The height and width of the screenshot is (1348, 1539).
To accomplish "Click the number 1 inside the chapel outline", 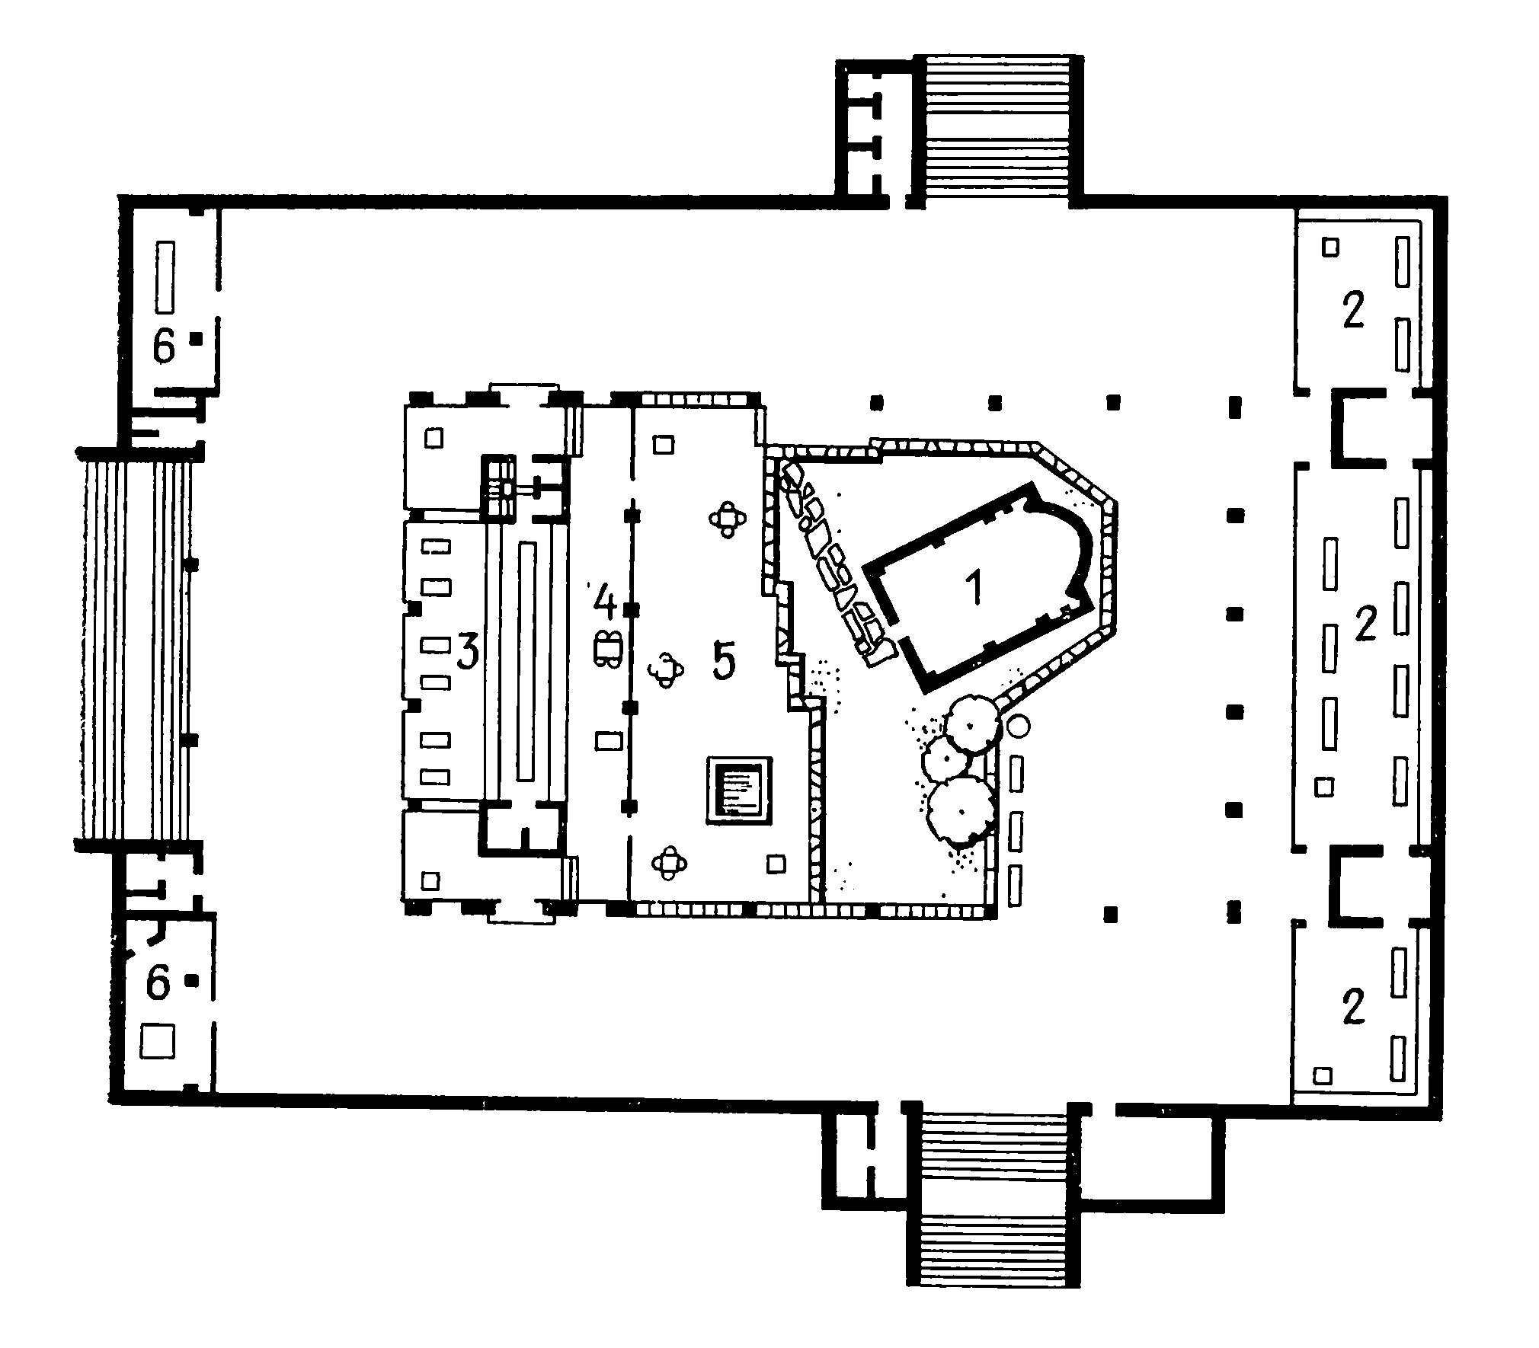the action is pyautogui.click(x=974, y=588).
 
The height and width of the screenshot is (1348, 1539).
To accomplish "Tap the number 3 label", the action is pyautogui.click(x=467, y=653).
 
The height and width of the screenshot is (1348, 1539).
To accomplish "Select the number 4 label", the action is pyautogui.click(x=604, y=601).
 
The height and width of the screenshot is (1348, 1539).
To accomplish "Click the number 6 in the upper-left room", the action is pyautogui.click(x=165, y=347).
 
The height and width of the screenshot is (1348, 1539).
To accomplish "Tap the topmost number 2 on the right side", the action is pyautogui.click(x=1352, y=311).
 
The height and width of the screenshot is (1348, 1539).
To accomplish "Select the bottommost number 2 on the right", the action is pyautogui.click(x=1353, y=1008).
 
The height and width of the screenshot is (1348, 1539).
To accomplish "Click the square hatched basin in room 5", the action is pyautogui.click(x=738, y=791).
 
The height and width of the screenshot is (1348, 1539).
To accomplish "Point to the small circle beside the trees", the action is pyautogui.click(x=1018, y=726).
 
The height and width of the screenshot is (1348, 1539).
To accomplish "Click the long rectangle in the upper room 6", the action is pyautogui.click(x=165, y=276).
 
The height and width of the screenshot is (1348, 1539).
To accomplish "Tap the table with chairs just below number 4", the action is pyautogui.click(x=608, y=649).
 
